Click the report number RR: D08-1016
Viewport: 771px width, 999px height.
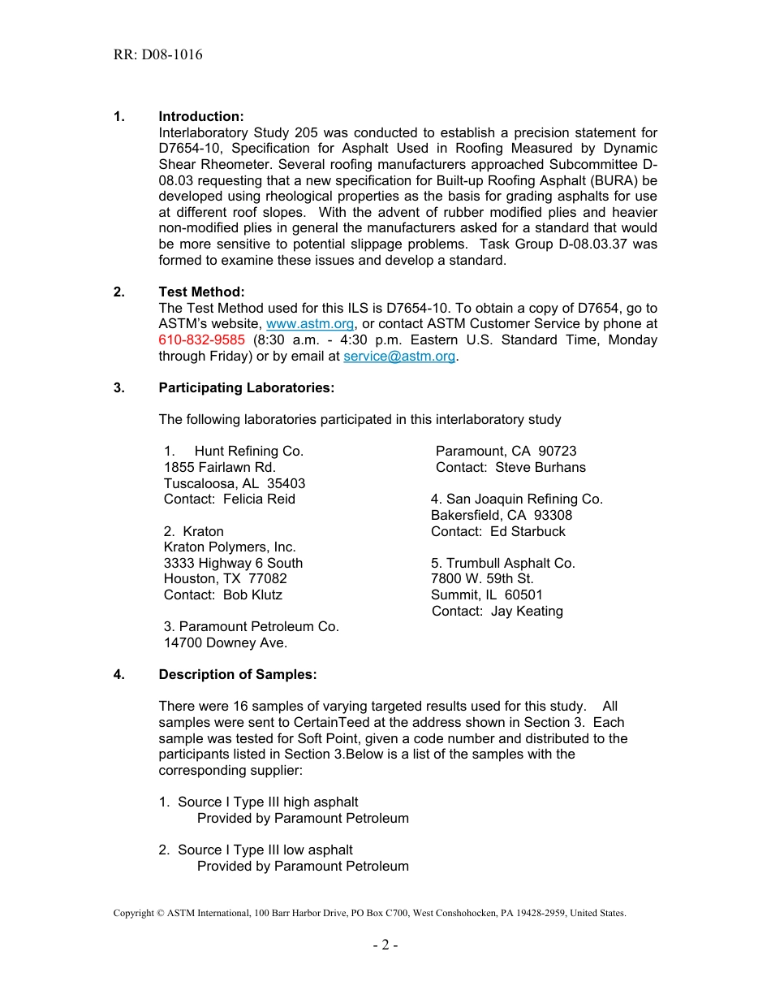158,55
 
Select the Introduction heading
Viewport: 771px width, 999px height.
200,117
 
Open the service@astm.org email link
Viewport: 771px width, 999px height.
399,356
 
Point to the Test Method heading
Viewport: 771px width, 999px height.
201,292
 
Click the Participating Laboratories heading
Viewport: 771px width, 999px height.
246,387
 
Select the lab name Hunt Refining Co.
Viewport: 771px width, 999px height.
248,451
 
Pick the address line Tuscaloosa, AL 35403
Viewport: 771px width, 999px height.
235,483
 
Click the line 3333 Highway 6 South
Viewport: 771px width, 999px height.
233,563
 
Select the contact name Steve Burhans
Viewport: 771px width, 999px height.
540,467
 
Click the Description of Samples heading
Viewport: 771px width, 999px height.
237,675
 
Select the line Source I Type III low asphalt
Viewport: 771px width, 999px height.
265,850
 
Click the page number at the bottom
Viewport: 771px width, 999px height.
385,945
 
